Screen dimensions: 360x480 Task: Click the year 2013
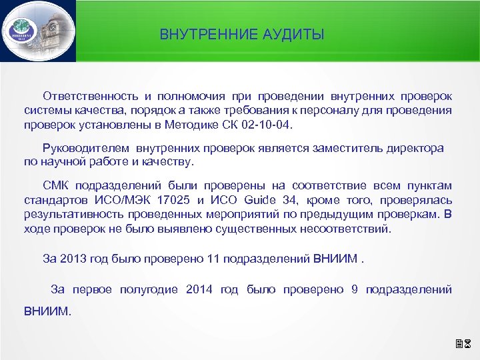coord(72,258)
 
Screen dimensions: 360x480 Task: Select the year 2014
coord(199,289)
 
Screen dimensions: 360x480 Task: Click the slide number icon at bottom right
coord(464,345)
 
